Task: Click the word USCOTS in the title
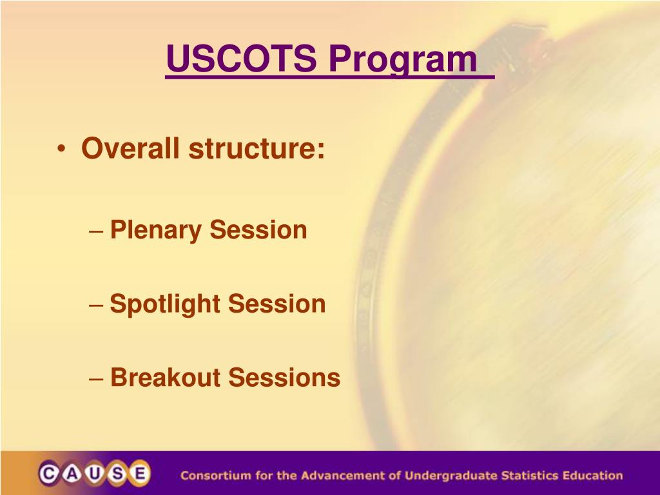point(241,58)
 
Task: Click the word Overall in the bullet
point(130,148)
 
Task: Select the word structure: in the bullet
point(257,148)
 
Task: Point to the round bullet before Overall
point(61,149)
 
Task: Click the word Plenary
point(156,231)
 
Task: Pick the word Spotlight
point(164,305)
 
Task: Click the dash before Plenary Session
point(97,231)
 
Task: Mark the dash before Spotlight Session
point(97,305)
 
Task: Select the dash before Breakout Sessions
point(97,378)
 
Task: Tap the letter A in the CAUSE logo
point(72,474)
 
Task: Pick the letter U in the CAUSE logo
point(95,474)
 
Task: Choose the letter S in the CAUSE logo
point(117,474)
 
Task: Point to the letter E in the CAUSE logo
point(140,474)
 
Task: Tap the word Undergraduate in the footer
point(451,476)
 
